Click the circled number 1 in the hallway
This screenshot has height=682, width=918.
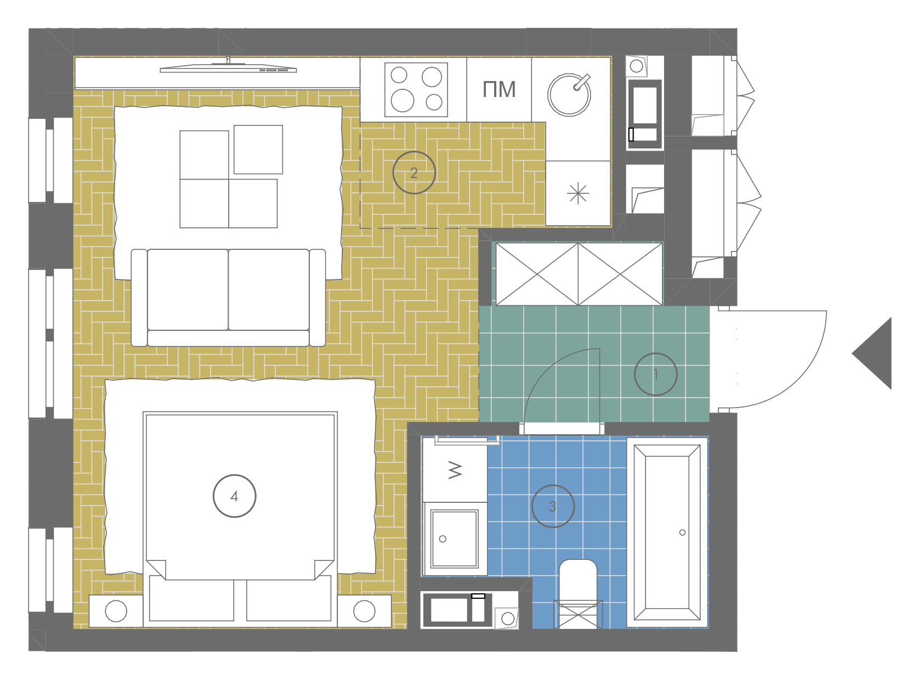(655, 374)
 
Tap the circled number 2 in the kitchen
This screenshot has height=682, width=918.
(414, 173)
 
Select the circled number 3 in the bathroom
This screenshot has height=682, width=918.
(553, 506)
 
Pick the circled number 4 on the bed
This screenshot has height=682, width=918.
(234, 496)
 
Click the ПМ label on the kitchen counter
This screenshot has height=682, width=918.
(499, 89)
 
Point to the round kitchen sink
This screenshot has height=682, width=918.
(569, 95)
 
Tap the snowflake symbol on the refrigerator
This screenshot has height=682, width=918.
(578, 193)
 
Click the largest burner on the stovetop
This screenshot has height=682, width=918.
(403, 100)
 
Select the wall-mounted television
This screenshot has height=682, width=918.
(228, 67)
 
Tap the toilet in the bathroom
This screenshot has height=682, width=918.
(578, 594)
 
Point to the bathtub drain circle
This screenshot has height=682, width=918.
(682, 532)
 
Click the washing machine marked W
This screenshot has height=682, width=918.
(455, 470)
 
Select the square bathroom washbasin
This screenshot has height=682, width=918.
(455, 539)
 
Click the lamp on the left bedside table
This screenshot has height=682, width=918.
(116, 611)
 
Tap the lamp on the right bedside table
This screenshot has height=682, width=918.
(364, 611)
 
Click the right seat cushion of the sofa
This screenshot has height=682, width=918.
(269, 290)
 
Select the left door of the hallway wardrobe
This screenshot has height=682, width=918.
(537, 274)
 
